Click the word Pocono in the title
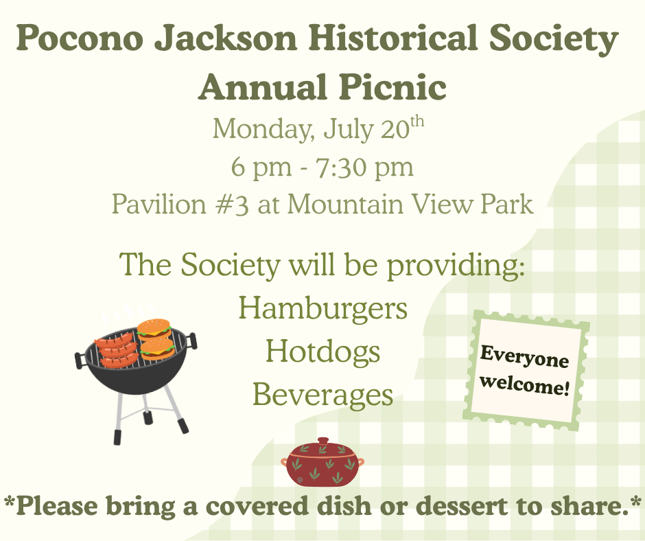[x=80, y=38]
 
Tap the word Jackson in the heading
[x=226, y=38]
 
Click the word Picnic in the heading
[x=393, y=87]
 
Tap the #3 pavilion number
[x=233, y=204]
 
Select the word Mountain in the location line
[x=345, y=204]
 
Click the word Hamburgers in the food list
[x=323, y=308]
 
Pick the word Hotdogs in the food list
[x=323, y=352]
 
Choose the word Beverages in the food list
[x=323, y=395]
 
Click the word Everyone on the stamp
[x=525, y=357]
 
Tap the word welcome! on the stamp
[x=525, y=384]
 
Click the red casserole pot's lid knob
[x=323, y=441]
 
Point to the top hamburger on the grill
[x=154, y=328]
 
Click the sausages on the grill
[x=117, y=350]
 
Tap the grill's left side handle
[x=81, y=360]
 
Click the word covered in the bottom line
[x=257, y=505]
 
